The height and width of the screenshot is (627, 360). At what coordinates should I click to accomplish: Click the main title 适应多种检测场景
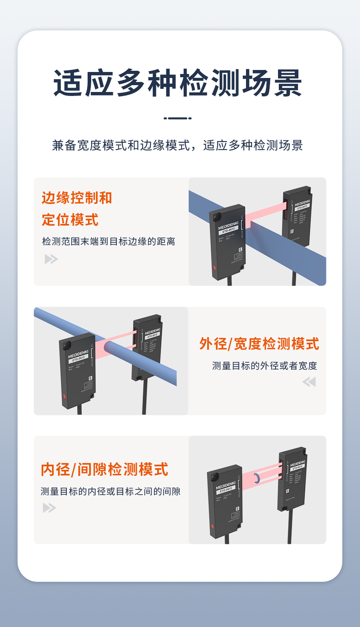click(178, 83)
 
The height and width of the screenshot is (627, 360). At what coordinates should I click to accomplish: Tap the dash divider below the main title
click(178, 118)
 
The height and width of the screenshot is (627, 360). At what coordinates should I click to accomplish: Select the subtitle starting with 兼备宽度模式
click(178, 145)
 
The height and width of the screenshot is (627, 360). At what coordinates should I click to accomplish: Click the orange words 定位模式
click(70, 220)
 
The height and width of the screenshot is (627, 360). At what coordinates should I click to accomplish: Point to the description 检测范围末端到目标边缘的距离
click(108, 242)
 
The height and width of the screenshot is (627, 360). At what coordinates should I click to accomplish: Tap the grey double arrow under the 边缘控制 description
click(51, 259)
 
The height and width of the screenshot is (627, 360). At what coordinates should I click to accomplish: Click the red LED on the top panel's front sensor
click(215, 268)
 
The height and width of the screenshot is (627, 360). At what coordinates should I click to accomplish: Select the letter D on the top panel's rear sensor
click(292, 232)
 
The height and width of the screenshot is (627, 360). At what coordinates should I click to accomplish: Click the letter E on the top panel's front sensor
click(240, 250)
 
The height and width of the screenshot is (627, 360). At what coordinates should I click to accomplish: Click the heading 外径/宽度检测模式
click(259, 344)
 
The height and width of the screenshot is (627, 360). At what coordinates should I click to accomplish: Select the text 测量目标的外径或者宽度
click(264, 366)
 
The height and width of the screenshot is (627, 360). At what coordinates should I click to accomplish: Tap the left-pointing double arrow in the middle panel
click(309, 382)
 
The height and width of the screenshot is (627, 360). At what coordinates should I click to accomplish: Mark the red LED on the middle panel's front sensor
click(64, 396)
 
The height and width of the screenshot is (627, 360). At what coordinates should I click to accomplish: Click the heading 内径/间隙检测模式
click(104, 469)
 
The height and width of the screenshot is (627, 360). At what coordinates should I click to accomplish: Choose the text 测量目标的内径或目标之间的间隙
click(110, 491)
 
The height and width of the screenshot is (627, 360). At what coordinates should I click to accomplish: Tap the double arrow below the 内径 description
click(50, 508)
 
